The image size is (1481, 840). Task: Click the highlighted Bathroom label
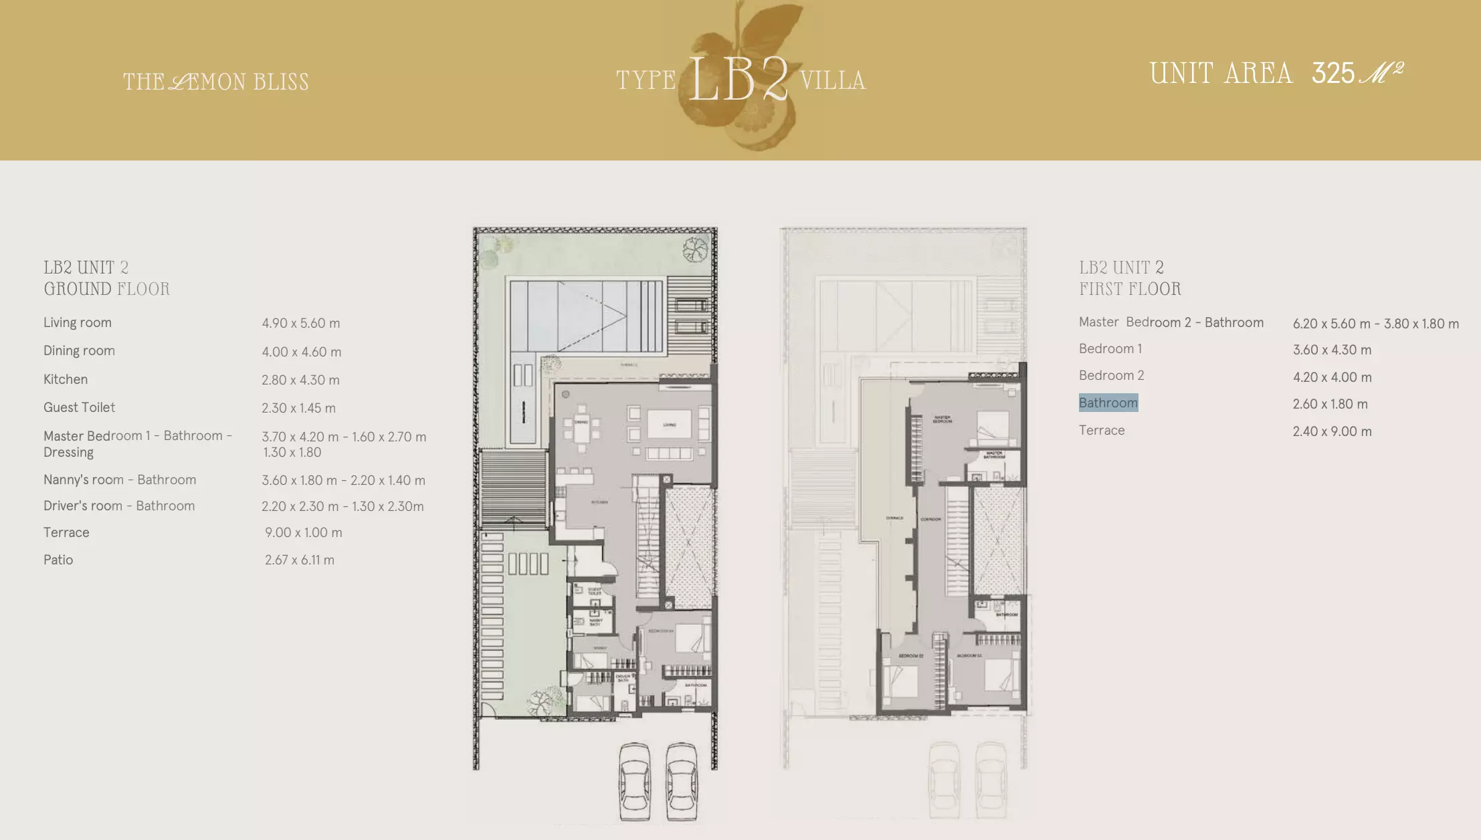pos(1108,403)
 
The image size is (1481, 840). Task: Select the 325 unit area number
pos(1332,73)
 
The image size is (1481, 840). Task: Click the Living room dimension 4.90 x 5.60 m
pos(300,323)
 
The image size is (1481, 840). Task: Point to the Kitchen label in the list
pos(66,379)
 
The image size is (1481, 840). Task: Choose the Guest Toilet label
pos(79,407)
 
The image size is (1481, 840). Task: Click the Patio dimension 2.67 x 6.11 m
pos(299,560)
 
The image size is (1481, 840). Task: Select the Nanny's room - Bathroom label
pos(120,480)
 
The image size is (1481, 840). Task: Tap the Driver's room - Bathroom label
pos(119,506)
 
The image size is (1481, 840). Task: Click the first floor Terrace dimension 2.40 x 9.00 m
pos(1332,431)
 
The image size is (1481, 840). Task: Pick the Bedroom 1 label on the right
pos(1110,348)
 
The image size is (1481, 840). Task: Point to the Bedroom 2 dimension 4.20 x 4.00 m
pos(1332,377)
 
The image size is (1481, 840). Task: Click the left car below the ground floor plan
pos(634,780)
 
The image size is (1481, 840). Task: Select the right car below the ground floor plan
pos(682,780)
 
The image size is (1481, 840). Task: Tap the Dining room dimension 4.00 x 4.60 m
pos(301,352)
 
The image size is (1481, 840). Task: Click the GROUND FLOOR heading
pos(106,289)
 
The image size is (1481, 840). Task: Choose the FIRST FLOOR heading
pos(1130,289)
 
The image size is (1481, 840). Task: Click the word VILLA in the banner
pos(832,81)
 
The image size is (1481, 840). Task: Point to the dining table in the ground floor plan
pos(581,423)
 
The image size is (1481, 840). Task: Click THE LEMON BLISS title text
pos(215,82)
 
